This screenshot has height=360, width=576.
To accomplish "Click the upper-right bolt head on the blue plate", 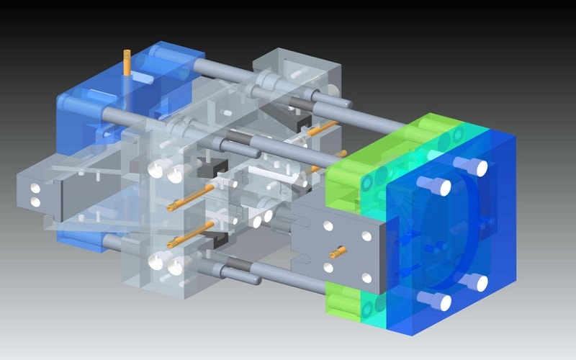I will (x=477, y=167).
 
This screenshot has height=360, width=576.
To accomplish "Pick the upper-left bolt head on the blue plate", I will (x=440, y=187).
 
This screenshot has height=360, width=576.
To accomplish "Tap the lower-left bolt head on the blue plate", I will (x=441, y=302).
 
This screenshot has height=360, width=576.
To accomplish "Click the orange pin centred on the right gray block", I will (x=336, y=252).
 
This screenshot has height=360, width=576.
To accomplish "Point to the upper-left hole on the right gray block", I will (x=328, y=226).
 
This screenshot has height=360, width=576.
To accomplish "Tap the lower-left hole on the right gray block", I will (x=328, y=268).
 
